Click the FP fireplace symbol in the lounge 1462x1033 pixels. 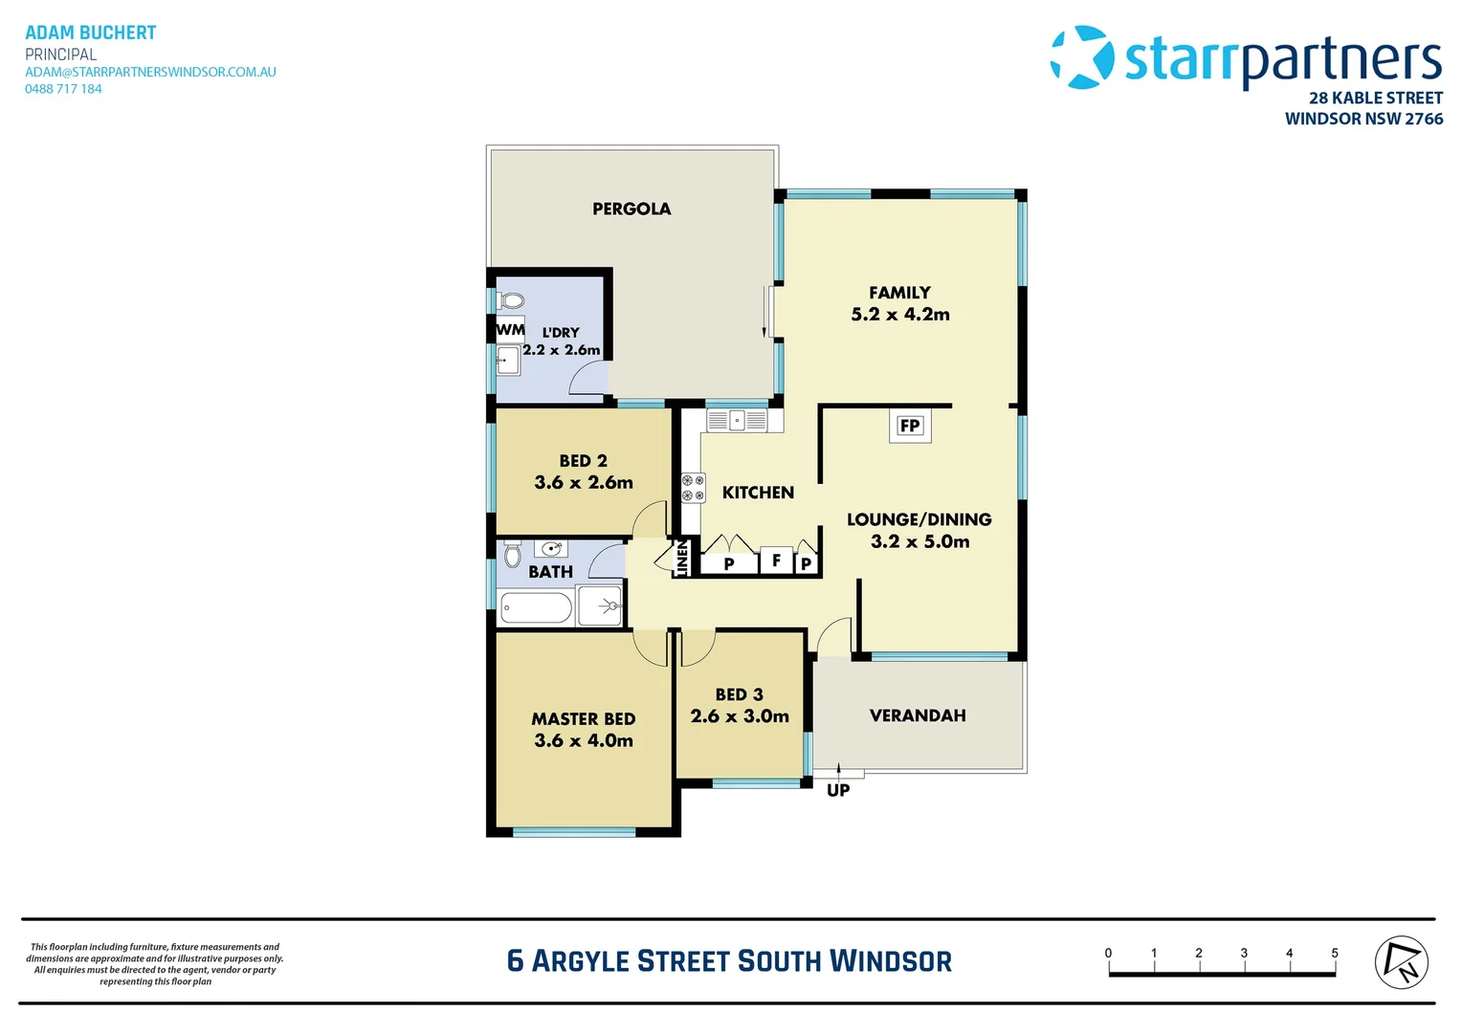point(909,426)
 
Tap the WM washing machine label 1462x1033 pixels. point(510,330)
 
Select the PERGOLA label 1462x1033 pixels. point(631,209)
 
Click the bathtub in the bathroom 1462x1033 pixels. point(536,607)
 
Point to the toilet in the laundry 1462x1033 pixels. point(511,301)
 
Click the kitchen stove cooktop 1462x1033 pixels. point(693,488)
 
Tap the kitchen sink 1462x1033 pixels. point(737,420)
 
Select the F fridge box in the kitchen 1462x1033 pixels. point(776,560)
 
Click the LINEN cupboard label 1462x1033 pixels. point(682,559)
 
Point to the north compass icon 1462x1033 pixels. point(1401,962)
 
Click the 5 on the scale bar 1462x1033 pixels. point(1334,953)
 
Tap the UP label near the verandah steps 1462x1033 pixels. point(838,790)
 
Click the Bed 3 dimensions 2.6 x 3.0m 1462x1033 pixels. point(740,716)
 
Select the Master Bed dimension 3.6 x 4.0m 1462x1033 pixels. point(584,740)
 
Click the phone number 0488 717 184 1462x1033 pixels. point(63,89)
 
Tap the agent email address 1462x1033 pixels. point(150,72)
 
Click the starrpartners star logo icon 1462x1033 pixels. point(1082,57)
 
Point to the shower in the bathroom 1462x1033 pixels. point(601,606)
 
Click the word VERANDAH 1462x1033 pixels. point(918,715)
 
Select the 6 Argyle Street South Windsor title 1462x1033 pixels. point(729,961)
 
